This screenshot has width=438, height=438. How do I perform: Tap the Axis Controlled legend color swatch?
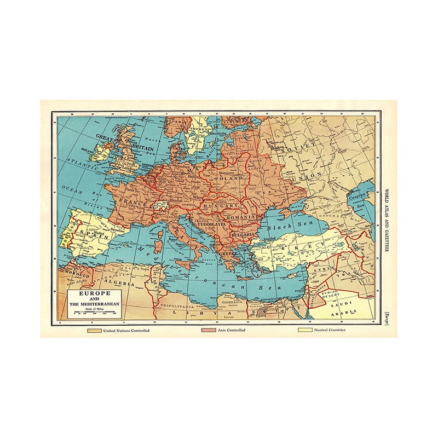click(209, 330)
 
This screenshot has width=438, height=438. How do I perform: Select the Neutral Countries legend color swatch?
click(305, 330)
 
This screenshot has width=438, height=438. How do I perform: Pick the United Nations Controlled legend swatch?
click(94, 330)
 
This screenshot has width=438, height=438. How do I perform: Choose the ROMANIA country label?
click(241, 218)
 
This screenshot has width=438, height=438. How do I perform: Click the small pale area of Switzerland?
click(159, 204)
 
